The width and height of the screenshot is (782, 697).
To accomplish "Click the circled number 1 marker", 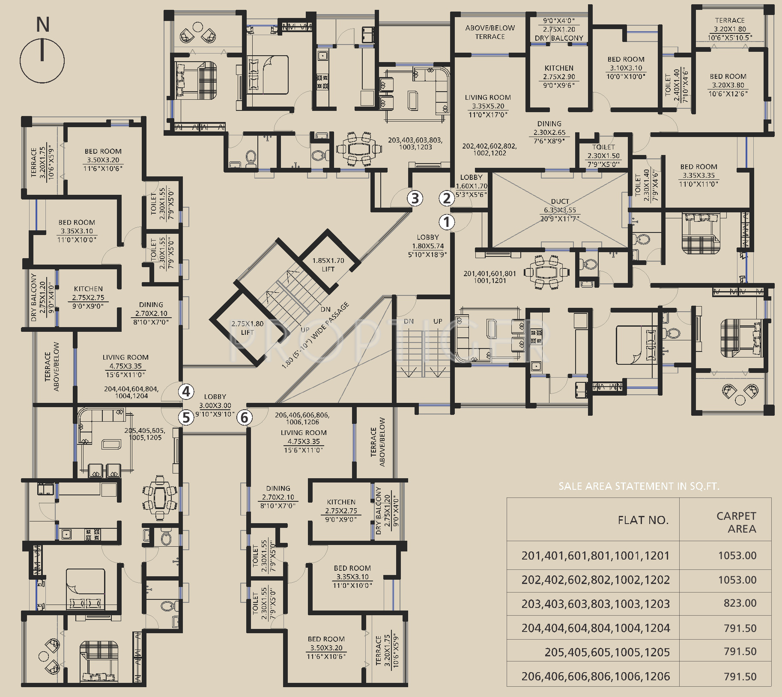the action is click(x=447, y=222).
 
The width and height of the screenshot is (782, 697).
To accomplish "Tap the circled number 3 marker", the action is click(x=415, y=198).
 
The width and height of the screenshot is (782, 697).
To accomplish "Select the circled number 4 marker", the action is click(x=186, y=391).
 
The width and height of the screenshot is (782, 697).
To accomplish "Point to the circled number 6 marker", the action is click(x=245, y=417).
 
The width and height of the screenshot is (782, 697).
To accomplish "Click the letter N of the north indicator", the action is click(x=42, y=24).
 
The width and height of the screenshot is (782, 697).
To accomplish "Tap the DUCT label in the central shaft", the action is click(x=560, y=201).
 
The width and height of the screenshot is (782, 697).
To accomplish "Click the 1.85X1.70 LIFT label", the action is click(x=328, y=265).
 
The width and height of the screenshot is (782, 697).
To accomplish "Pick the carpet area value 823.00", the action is click(x=740, y=603).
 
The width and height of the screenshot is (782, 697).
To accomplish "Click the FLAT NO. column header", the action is click(x=643, y=520).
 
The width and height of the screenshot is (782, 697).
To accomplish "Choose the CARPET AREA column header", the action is click(x=736, y=522).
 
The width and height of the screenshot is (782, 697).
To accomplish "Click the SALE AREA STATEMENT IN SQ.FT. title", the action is click(x=639, y=486).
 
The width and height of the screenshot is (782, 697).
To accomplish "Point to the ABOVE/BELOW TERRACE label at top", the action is click(x=490, y=32).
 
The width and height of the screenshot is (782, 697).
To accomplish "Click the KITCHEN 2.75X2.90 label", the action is click(x=559, y=77).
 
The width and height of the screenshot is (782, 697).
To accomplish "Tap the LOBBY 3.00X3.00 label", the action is click(x=215, y=405).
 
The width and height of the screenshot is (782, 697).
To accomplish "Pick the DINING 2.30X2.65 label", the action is click(x=549, y=132).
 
